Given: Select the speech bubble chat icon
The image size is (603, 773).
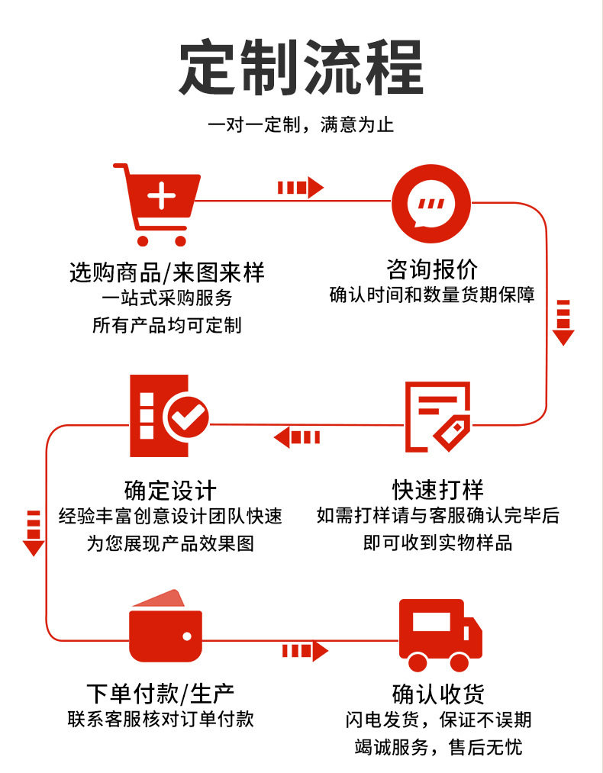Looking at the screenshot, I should click(x=430, y=205).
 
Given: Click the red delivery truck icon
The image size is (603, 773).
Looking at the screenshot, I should click(x=440, y=635).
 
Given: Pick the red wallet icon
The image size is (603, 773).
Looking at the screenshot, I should click(x=166, y=626).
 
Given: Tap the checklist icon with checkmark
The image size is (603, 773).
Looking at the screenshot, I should click(x=169, y=415).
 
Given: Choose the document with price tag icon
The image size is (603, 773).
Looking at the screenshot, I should click(x=437, y=417).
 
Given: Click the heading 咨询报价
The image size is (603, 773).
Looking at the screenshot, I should click(x=432, y=269).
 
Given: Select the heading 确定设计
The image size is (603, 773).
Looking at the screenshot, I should click(x=170, y=490).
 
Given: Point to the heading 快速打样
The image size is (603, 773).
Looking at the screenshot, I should click(x=438, y=489).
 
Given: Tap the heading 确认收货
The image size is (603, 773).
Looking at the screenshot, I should click(x=438, y=694).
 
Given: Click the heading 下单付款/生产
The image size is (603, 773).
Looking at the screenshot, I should click(x=160, y=694).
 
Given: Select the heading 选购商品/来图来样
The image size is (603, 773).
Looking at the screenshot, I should click(x=167, y=272).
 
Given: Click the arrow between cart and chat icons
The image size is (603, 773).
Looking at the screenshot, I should click(x=300, y=188).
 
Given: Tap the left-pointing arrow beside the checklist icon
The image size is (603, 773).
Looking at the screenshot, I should click(x=297, y=437).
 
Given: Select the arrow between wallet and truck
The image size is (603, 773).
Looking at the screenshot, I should click(x=305, y=651).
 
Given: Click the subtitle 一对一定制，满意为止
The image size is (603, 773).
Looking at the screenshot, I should click(x=301, y=124).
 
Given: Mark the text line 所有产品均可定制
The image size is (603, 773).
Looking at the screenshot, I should click(x=166, y=325).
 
